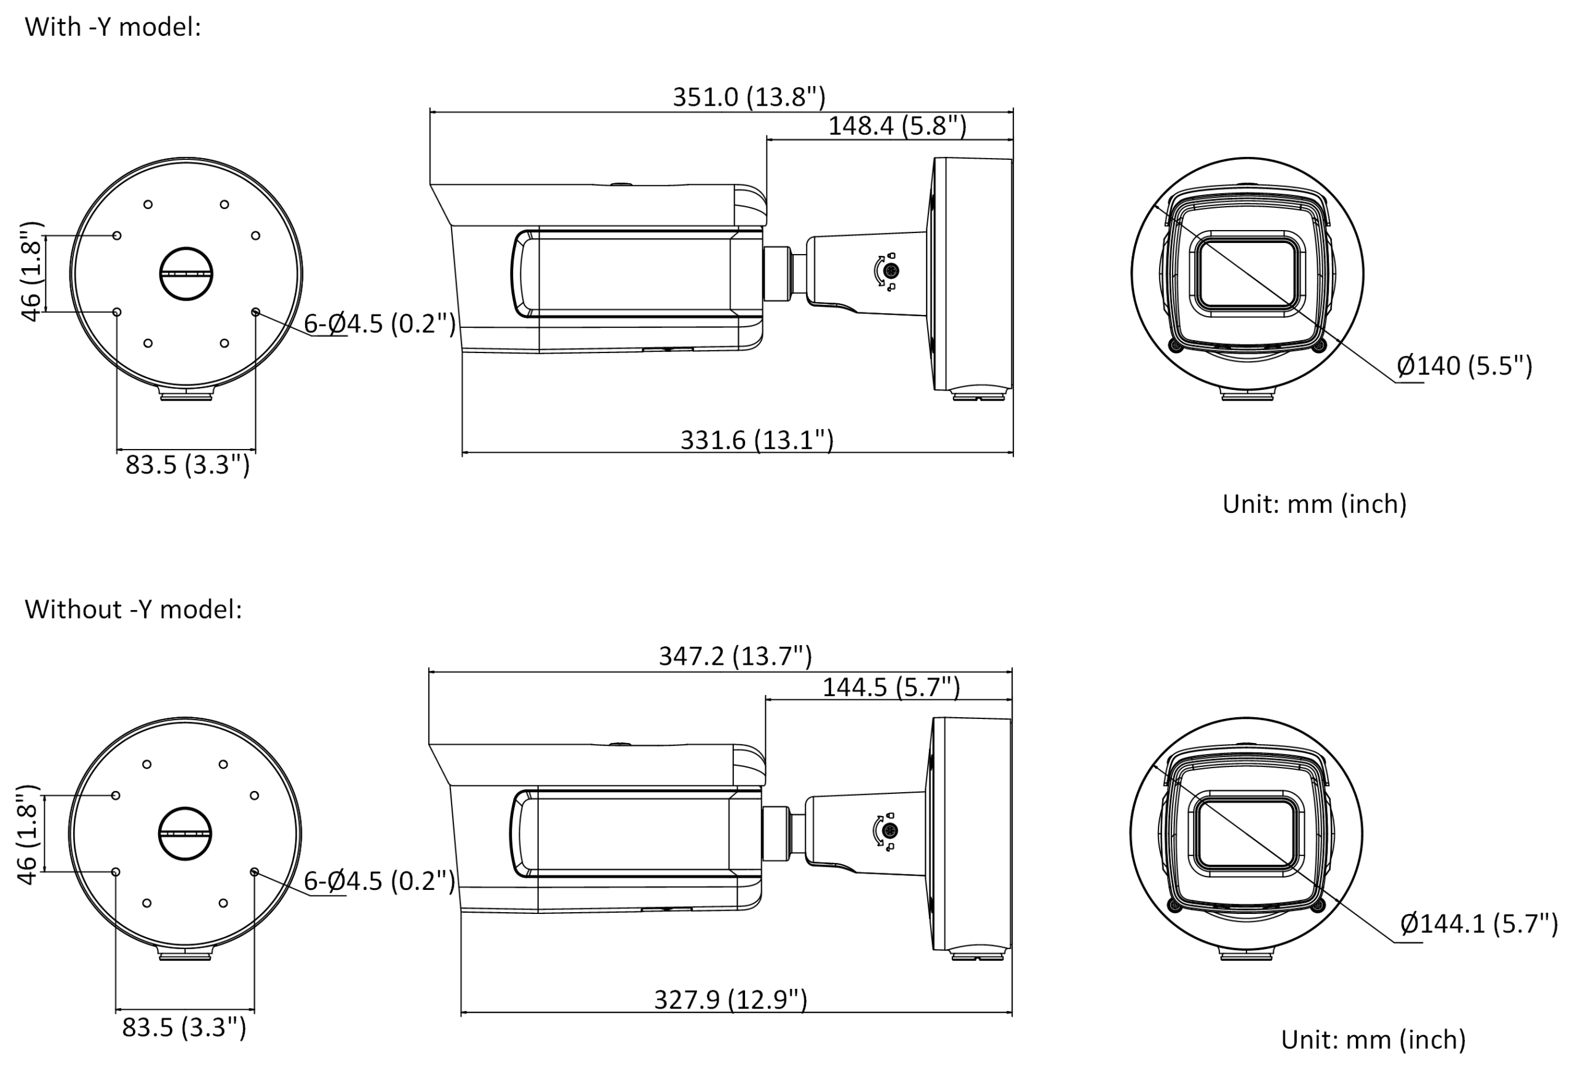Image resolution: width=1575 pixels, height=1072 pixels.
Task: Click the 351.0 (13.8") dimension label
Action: point(749,97)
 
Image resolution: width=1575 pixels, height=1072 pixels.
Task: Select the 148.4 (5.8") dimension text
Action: point(897,125)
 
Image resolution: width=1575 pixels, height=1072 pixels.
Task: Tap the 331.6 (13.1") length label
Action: point(757,440)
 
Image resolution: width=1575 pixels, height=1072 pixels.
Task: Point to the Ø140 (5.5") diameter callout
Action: point(1464,366)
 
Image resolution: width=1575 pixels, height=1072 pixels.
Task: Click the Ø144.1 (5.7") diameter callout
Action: point(1480,924)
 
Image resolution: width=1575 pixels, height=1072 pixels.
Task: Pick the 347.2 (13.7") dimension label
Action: point(735,656)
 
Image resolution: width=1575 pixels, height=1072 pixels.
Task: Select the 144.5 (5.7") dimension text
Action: point(891,687)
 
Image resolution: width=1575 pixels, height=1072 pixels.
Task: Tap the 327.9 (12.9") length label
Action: point(730,999)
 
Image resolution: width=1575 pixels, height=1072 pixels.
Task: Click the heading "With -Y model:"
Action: point(113,27)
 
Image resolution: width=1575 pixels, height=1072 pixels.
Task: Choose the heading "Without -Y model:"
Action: point(134,609)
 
